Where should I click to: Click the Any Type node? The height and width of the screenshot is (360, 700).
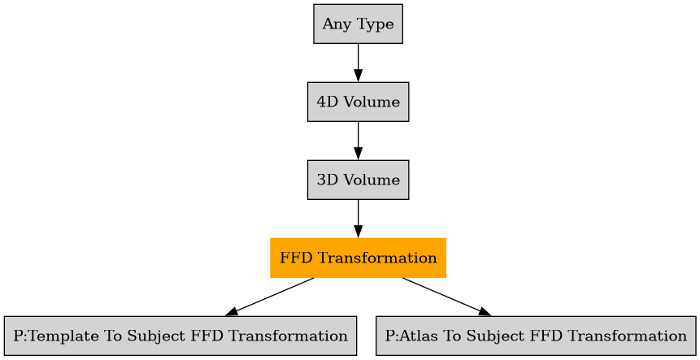point(358,24)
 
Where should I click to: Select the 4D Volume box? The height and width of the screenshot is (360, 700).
point(358,102)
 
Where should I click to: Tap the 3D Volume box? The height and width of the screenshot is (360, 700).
point(358,180)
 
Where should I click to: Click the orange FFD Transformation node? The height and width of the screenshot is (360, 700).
point(358,258)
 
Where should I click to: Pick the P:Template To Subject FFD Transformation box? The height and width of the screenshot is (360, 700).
point(180,336)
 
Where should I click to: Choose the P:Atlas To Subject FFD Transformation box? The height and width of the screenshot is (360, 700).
point(536,336)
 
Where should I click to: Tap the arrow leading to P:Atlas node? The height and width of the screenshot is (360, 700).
point(446,297)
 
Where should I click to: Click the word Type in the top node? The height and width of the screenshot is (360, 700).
point(374,24)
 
